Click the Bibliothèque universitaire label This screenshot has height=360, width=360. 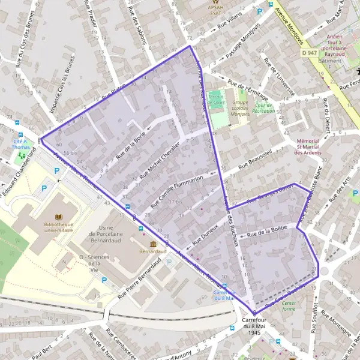[59, 226]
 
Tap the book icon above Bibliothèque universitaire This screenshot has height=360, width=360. [59, 216]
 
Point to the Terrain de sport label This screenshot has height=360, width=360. [216, 101]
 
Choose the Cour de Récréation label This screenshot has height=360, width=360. [263, 108]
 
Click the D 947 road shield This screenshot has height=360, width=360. [310, 53]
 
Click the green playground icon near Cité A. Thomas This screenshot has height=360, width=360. [22, 155]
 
